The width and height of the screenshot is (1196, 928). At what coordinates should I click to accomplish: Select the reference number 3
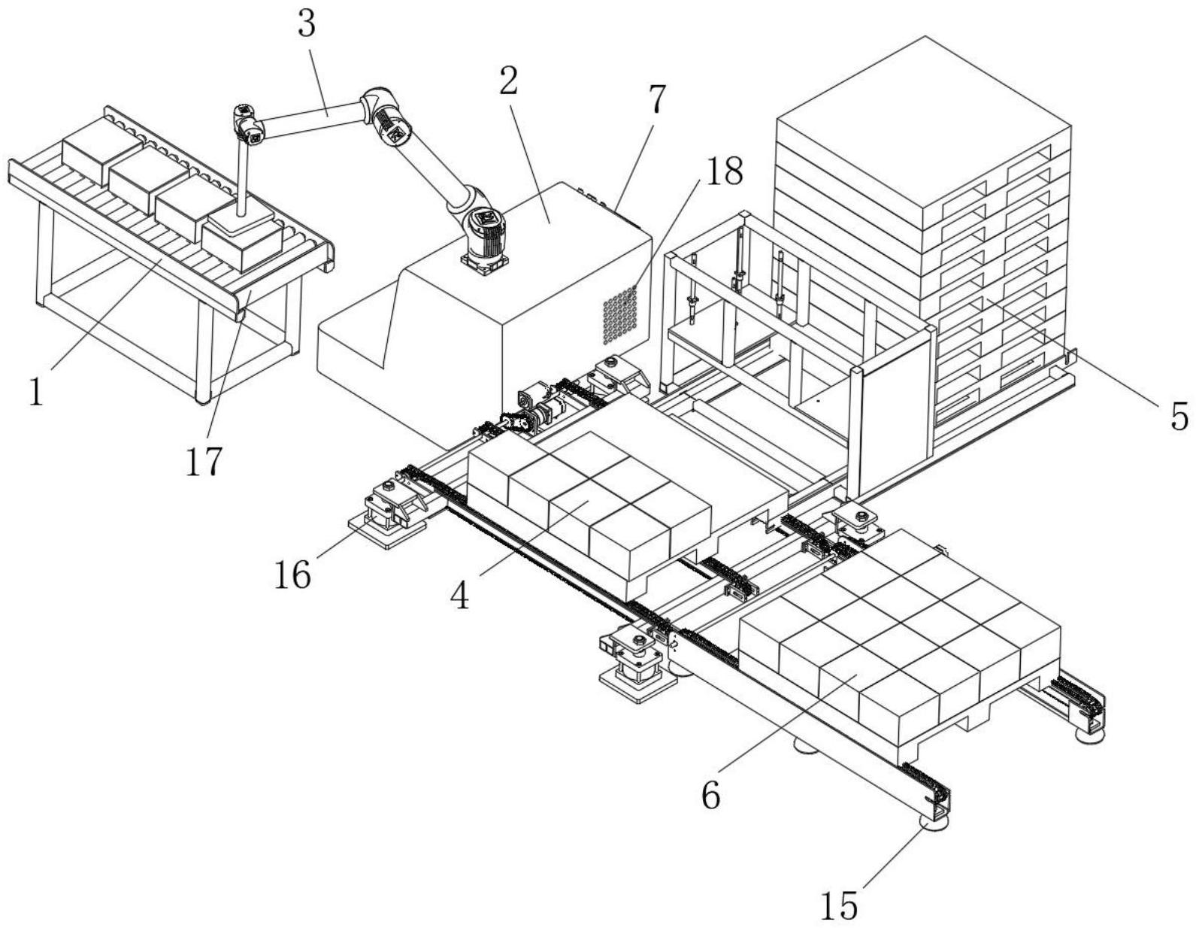(x=306, y=24)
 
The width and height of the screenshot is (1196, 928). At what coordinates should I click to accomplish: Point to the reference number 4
(x=459, y=596)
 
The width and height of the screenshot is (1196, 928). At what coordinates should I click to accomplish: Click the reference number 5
(x=1179, y=415)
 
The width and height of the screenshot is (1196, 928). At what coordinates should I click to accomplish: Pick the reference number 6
(x=710, y=794)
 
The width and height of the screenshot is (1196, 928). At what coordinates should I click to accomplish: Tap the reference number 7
(x=656, y=99)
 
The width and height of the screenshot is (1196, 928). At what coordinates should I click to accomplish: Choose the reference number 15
(x=838, y=906)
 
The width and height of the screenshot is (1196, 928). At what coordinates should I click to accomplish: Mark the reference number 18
(x=722, y=171)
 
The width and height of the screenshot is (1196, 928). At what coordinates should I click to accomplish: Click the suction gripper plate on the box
(x=241, y=218)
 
